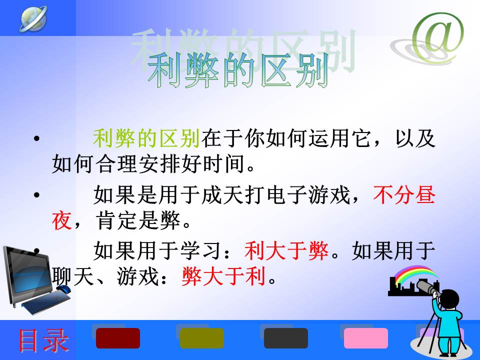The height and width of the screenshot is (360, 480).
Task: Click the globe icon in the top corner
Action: pyautogui.click(x=33, y=18)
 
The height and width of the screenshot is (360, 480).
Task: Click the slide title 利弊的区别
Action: pyautogui.click(x=238, y=70)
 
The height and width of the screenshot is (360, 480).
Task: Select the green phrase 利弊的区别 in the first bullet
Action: pyautogui.click(x=146, y=138)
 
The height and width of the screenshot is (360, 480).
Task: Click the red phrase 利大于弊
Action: pyautogui.click(x=286, y=251)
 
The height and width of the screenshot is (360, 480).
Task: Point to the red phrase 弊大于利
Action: pyautogui.click(x=223, y=276)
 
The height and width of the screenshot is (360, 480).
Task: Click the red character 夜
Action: pyautogui.click(x=62, y=220)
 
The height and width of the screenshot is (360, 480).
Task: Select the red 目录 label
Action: pyautogui.click(x=43, y=340)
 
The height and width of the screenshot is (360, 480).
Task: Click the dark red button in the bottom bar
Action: pyautogui.click(x=118, y=338)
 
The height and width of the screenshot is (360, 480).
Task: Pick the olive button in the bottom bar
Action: pyautogui.click(x=201, y=338)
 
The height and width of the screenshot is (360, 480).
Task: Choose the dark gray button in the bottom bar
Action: pyautogui.click(x=286, y=338)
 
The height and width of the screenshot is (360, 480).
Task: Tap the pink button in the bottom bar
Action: pyautogui.click(x=366, y=338)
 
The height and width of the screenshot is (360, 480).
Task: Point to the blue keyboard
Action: pyautogui.click(x=46, y=302)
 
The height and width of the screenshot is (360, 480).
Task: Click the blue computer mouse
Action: pyautogui.click(x=63, y=288)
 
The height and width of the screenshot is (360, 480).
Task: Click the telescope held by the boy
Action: pyautogui.click(x=429, y=288)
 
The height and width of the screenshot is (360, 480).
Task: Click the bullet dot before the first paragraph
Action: pyautogui.click(x=36, y=138)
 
